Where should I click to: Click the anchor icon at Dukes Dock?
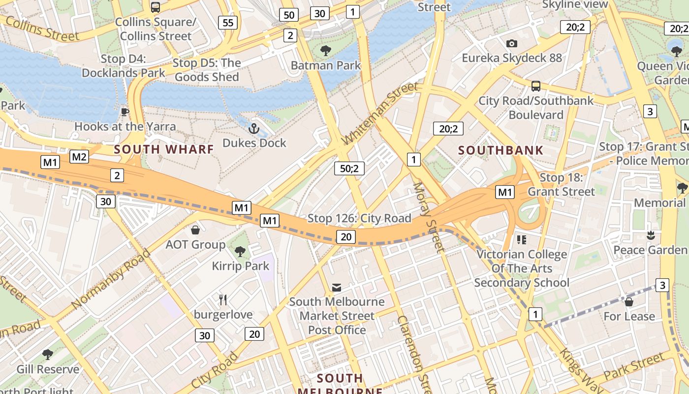[x=253, y=129]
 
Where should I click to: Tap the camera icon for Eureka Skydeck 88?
[x=512, y=44]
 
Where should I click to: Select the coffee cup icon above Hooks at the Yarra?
[x=125, y=112]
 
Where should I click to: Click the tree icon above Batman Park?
[x=325, y=50]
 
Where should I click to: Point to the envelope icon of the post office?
[x=337, y=287]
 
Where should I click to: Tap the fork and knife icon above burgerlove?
[x=223, y=299]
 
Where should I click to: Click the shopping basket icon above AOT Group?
[x=195, y=230]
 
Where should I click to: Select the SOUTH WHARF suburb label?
[x=164, y=149]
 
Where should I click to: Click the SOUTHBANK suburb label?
[x=501, y=150]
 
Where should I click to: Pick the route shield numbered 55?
[x=228, y=22]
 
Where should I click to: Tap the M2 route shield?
[x=79, y=157]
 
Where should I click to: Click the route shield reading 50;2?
[x=349, y=168]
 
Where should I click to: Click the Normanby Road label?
[x=111, y=279]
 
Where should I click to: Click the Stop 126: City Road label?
[x=359, y=218]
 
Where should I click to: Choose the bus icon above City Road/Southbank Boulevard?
[x=536, y=86]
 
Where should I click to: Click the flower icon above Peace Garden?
[x=651, y=235]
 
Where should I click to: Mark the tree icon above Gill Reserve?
[x=48, y=355]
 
